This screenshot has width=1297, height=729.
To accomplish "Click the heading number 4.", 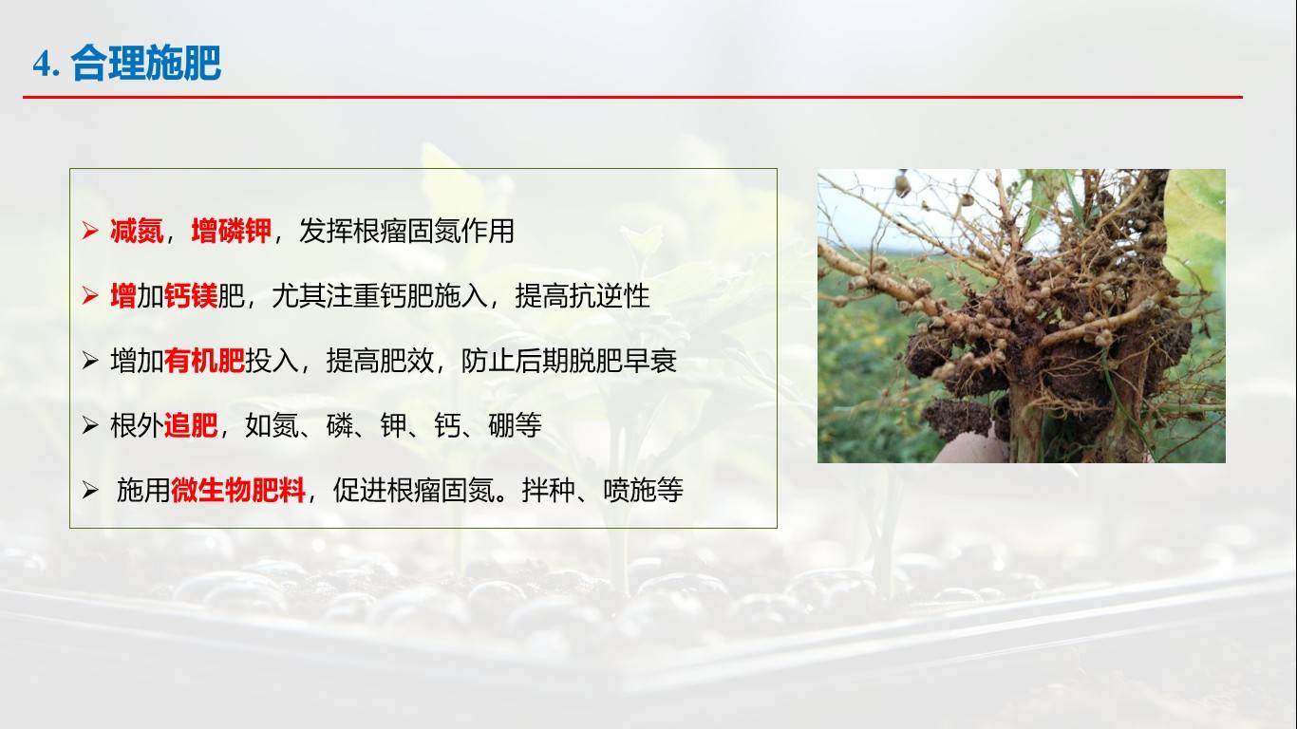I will click(x=46, y=65).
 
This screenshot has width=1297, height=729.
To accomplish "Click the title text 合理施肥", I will click(x=145, y=64).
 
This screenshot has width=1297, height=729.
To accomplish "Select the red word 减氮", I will click(x=137, y=231).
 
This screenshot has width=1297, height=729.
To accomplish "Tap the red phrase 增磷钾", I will click(x=231, y=231).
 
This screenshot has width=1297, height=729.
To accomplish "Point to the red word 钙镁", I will click(x=190, y=296).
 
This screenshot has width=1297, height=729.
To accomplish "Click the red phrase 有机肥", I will click(x=203, y=362).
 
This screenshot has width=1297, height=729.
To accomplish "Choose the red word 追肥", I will click(x=190, y=426).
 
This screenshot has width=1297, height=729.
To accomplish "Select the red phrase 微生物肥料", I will click(x=238, y=491).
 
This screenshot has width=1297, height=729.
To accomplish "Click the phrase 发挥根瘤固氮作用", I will click(x=406, y=231).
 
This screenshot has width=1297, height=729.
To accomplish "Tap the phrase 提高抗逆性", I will click(x=582, y=296).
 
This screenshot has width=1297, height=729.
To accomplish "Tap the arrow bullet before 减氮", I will click(x=90, y=231).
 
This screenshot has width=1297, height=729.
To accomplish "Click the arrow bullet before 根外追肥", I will click(x=90, y=426).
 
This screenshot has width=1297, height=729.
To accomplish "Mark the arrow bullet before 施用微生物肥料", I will click(x=90, y=491).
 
